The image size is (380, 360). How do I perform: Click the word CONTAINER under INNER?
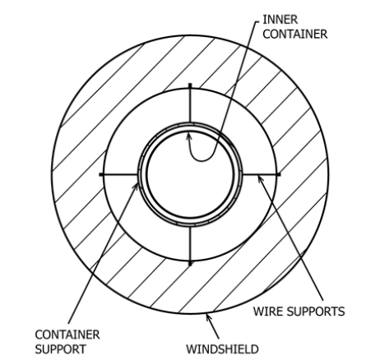[x=295, y=35]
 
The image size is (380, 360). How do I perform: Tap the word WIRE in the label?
[x=266, y=312]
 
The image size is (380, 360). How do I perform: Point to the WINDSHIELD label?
[x=222, y=349]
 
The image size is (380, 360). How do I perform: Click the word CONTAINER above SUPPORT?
[x=67, y=335]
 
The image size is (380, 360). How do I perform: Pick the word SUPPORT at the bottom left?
[x=60, y=349]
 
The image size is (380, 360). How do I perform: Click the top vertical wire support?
[x=190, y=104]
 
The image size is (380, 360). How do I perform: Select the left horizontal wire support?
[x=119, y=174]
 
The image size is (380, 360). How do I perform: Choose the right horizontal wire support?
[x=262, y=174]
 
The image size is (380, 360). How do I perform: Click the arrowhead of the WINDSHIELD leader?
[x=209, y=318]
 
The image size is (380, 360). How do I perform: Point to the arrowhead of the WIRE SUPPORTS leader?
[x=261, y=180]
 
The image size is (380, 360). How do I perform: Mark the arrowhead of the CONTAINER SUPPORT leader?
[x=136, y=187]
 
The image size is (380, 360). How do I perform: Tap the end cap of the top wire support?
[x=190, y=85]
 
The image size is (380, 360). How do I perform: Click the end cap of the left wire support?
[x=101, y=174]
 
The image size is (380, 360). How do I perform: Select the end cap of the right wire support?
[x=279, y=174]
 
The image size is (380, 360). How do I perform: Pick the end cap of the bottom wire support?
[x=190, y=264]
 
